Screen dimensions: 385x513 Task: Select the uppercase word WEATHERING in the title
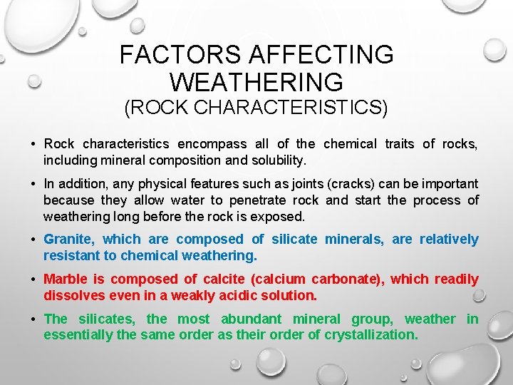(x=256, y=83)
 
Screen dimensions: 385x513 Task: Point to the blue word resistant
(x=72, y=255)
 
